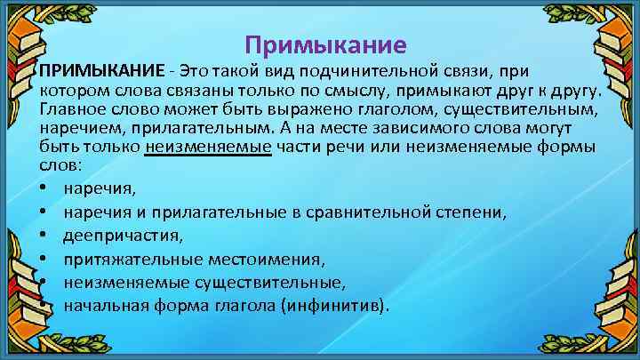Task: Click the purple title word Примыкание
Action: (324, 44)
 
